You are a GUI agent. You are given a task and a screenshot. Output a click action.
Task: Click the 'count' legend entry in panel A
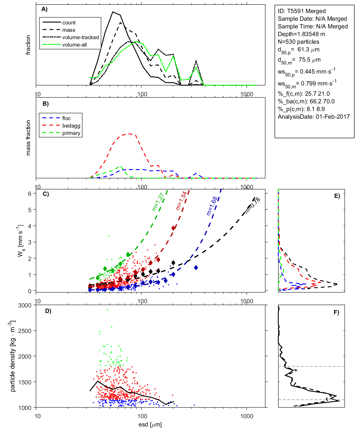69,23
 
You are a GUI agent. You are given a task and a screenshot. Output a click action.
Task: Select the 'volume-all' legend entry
74,45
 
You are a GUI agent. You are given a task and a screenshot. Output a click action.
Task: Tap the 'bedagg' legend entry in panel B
71,126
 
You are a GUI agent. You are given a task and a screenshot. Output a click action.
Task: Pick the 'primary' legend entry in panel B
71,133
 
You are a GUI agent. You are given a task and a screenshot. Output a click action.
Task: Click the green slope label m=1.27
158,202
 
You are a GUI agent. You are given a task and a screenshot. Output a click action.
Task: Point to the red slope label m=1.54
181,201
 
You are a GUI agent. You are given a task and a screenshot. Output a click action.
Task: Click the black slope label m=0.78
252,206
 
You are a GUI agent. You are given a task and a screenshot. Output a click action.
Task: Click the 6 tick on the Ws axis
29,194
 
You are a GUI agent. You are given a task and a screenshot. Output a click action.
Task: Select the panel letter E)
337,196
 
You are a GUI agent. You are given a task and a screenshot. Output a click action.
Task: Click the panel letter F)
336,312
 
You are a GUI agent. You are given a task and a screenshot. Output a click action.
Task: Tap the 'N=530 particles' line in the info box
298,42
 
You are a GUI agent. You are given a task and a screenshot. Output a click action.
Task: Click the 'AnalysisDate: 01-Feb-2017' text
314,117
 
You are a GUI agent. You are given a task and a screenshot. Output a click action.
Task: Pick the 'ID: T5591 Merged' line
302,11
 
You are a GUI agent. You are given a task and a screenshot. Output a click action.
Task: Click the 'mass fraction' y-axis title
28,138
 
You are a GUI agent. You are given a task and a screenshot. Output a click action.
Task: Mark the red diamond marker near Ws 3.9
173,228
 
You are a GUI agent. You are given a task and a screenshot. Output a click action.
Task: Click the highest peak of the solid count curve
113,12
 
